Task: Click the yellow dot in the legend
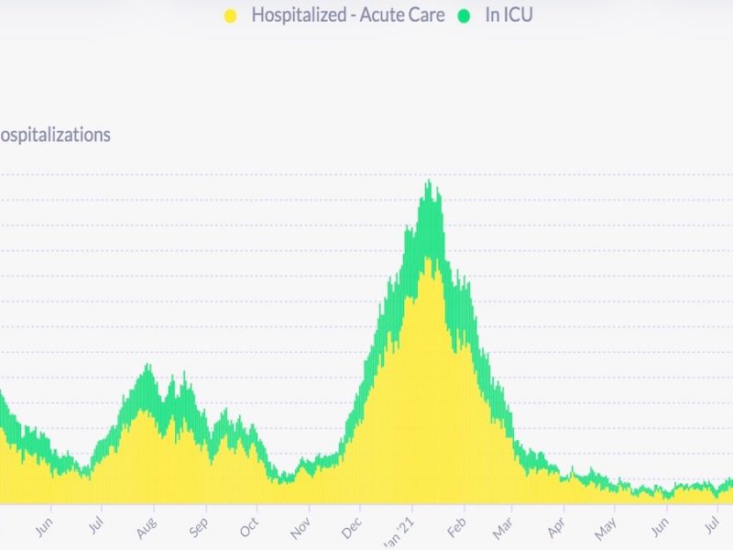point(230,16)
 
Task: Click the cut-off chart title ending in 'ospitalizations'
point(55,135)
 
